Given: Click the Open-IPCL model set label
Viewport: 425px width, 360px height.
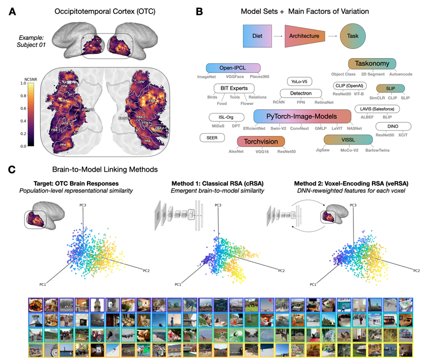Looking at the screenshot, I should [232, 68].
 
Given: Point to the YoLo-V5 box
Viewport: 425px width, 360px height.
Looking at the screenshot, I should [300, 81].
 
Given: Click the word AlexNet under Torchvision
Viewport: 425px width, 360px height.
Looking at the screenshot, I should [236, 152].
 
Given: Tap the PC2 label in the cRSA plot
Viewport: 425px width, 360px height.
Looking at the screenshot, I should [281, 271].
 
